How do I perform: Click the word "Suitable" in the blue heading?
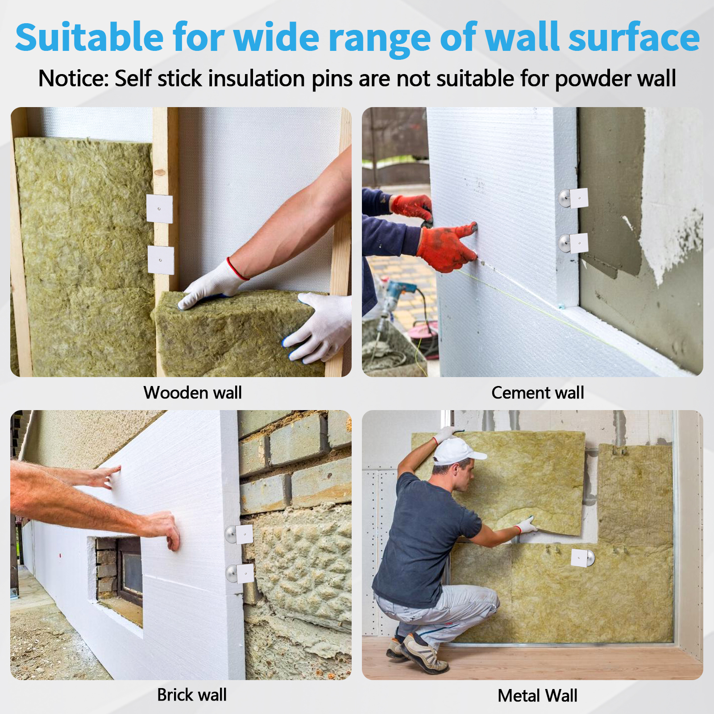90,37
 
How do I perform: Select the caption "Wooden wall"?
192,393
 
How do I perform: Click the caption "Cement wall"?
538,393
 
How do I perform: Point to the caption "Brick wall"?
192,695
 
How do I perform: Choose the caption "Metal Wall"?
538,696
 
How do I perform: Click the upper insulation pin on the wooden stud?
159,209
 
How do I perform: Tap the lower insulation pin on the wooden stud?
161,260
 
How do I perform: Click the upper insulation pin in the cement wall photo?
574,198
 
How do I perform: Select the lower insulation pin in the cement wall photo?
574,243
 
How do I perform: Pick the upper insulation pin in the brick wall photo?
240,534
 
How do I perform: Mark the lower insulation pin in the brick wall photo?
240,573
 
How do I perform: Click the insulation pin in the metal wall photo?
583,558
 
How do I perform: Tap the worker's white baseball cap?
457,452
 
